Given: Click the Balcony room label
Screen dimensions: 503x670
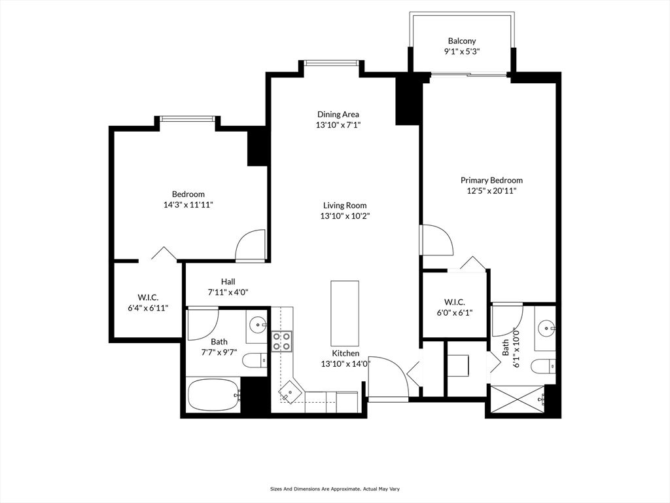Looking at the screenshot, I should (461, 41).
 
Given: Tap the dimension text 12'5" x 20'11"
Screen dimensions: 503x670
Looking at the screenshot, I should (491, 191).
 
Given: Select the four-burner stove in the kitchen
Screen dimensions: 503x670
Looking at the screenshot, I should (282, 341).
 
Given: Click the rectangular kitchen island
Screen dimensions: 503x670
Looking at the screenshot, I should (345, 313).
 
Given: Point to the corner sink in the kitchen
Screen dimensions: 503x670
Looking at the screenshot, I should (289, 392).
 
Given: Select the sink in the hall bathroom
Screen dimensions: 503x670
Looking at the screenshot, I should (258, 324).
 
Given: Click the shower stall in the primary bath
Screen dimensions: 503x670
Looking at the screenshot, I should (516, 399).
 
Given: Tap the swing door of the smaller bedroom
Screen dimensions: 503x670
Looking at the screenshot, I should (249, 246).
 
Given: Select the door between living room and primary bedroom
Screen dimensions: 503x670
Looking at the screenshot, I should (436, 240).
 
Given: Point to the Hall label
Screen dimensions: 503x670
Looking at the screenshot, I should (228, 282).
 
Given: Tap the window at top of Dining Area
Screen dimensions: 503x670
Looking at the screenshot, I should (332, 64).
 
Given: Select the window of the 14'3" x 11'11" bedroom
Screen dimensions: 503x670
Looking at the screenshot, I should (188, 119).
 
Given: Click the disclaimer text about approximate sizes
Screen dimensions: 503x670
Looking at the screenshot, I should (334, 489).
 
